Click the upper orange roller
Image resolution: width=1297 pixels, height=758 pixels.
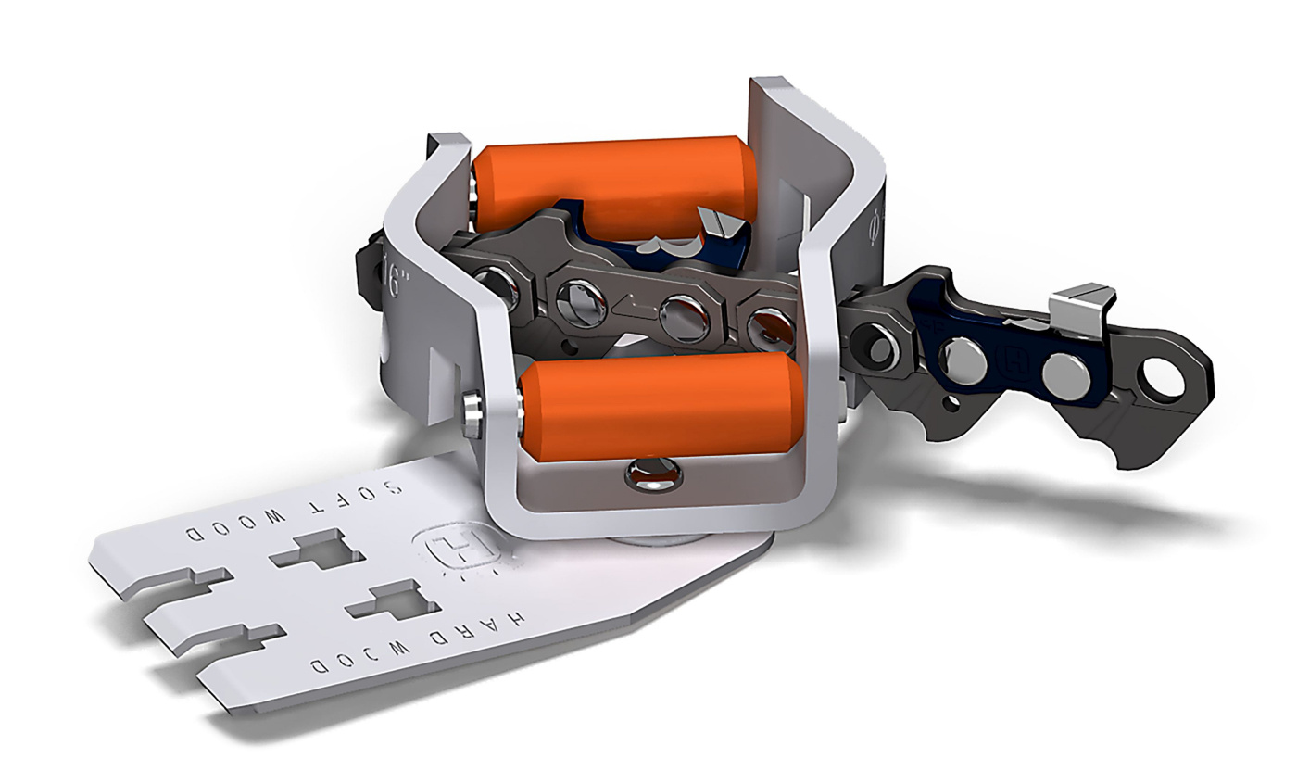click(x=611, y=182)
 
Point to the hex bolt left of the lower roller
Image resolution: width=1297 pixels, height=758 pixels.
click(x=472, y=405)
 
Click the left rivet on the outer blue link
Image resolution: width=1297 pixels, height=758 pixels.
click(x=963, y=356)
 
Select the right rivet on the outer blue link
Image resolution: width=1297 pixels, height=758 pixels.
click(x=1066, y=375)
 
